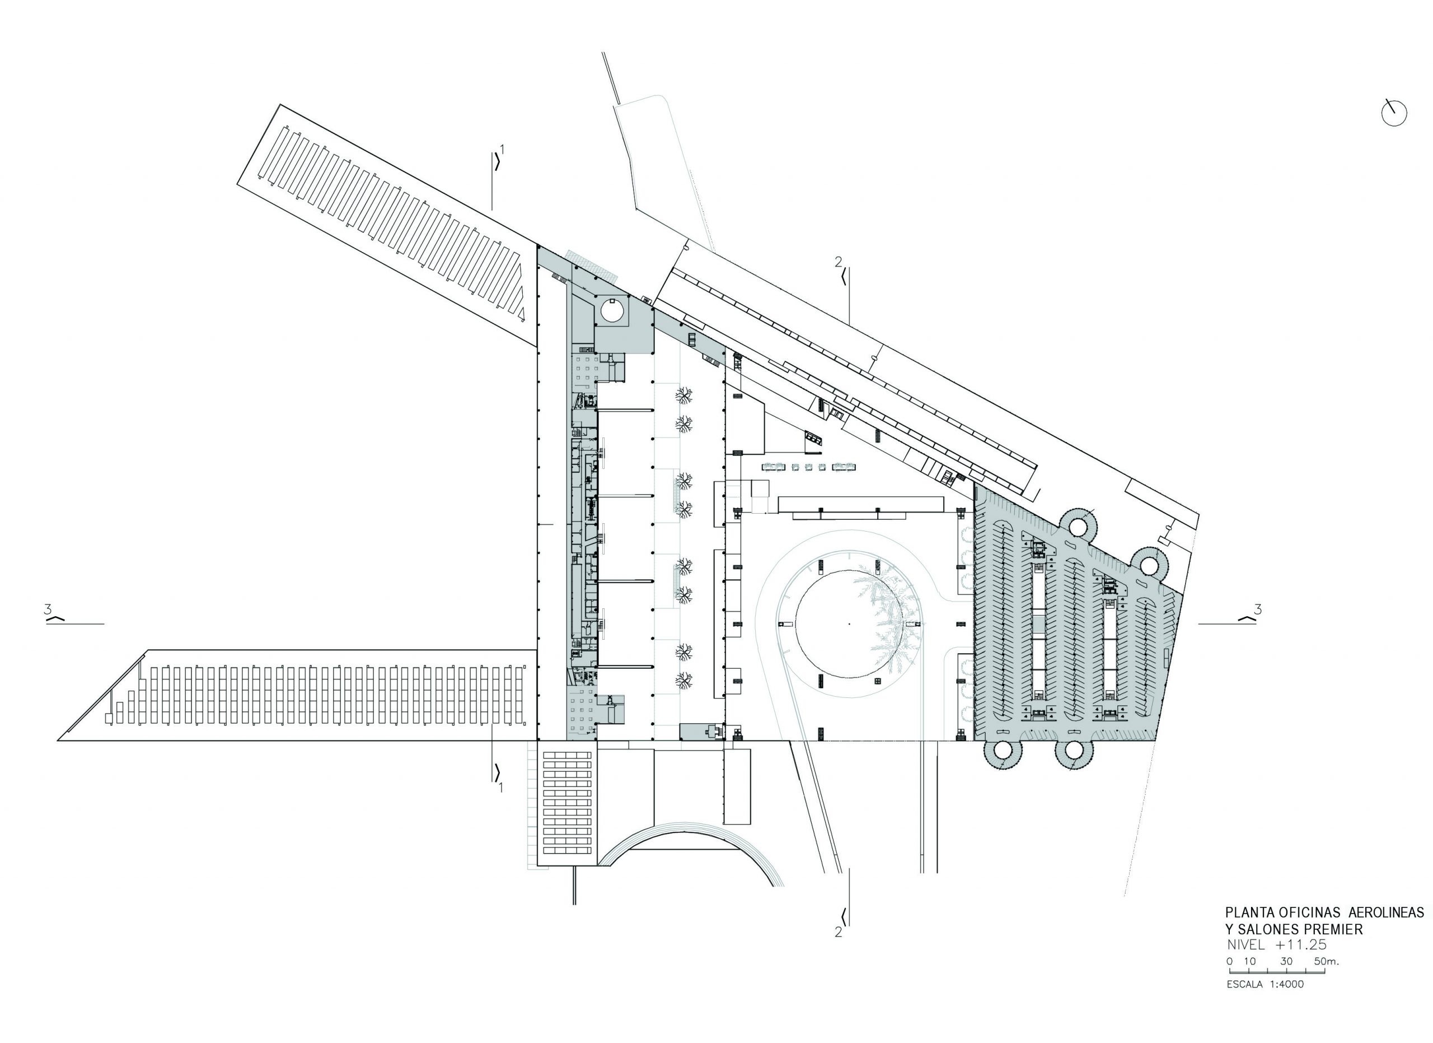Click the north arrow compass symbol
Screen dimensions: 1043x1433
[x=1394, y=114]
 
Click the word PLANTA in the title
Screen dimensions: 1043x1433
[x=1243, y=913]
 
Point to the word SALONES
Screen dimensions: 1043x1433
[x=1270, y=929]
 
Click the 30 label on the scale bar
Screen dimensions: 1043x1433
[x=1286, y=961]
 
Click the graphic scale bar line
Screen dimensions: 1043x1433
[x=1276, y=971]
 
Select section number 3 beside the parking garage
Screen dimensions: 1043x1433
[x=1258, y=610]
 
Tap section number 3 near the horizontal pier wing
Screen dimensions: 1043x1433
[x=48, y=610]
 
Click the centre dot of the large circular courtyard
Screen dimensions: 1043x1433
[x=849, y=624]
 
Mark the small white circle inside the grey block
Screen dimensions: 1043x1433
[x=613, y=310]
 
